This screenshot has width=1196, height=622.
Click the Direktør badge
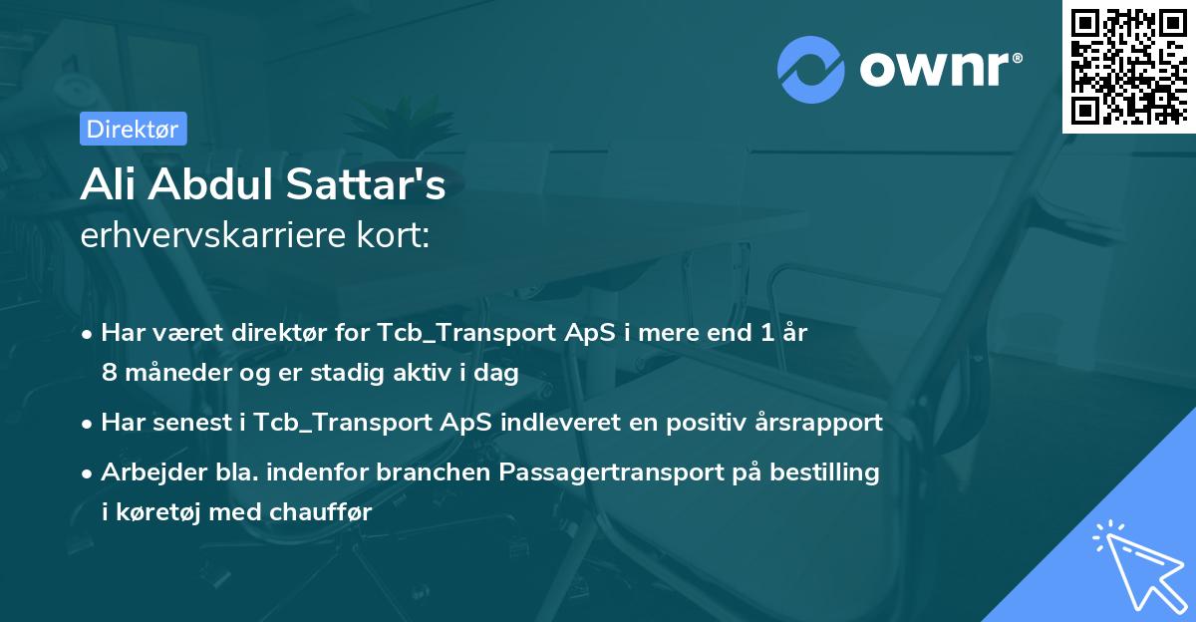(133, 129)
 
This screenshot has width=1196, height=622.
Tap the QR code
(1129, 66)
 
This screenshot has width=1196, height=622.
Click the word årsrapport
(825, 423)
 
